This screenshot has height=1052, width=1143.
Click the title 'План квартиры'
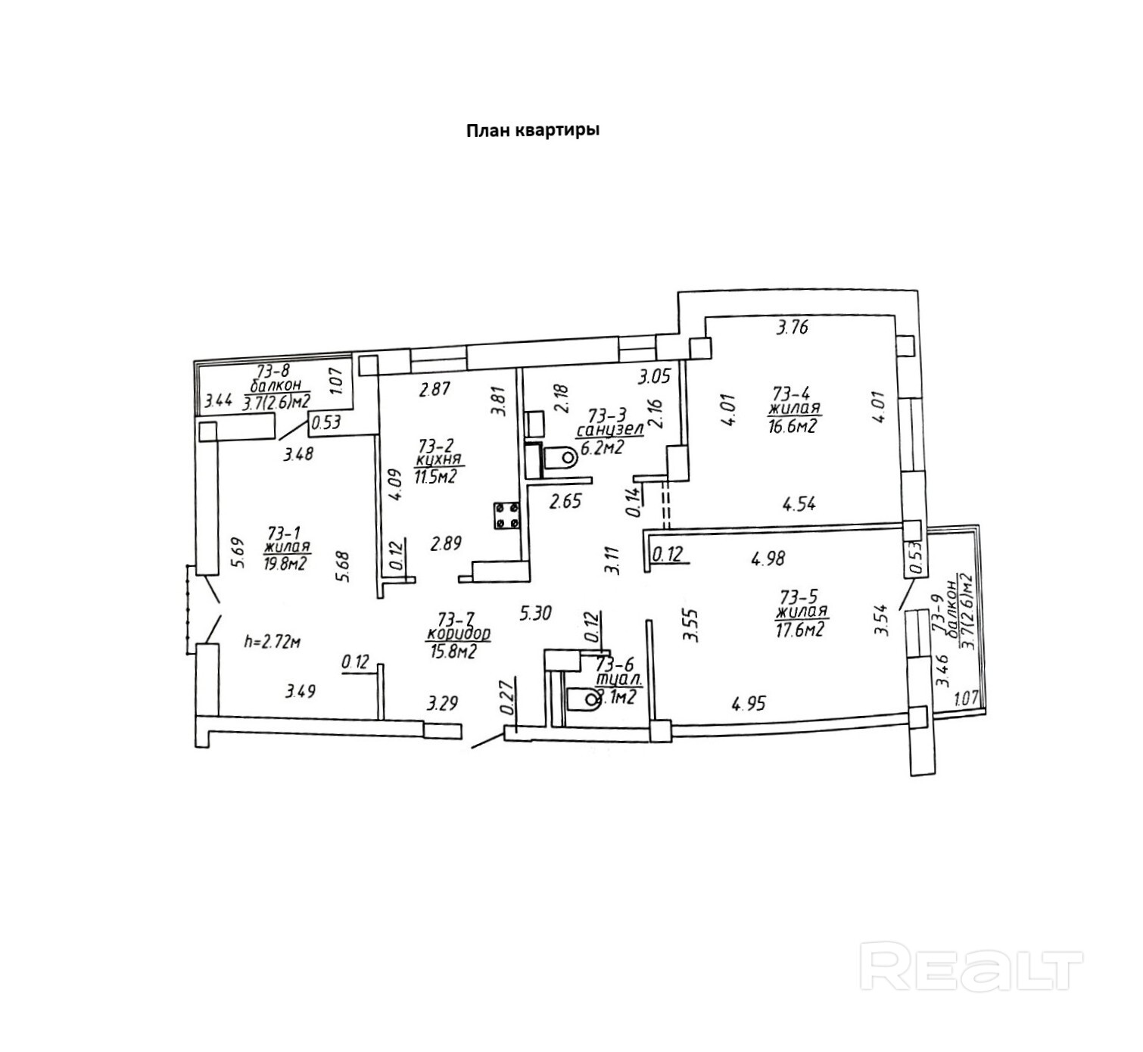point(532,131)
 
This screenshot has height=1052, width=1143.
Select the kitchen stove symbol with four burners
point(506,515)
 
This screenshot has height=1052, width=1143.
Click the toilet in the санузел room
point(559,456)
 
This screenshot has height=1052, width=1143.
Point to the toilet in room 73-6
point(582,700)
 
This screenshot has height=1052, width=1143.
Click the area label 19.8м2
point(285,562)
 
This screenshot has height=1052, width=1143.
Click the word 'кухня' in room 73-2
point(439,460)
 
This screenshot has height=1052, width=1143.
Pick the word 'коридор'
point(459,633)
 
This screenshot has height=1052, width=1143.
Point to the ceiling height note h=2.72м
point(273,642)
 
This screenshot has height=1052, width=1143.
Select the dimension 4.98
point(768,559)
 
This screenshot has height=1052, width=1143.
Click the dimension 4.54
point(799,503)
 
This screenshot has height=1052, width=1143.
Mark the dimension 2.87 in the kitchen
point(435,390)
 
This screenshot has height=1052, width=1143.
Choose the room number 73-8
point(274,371)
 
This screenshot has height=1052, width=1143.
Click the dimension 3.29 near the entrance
point(442,704)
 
